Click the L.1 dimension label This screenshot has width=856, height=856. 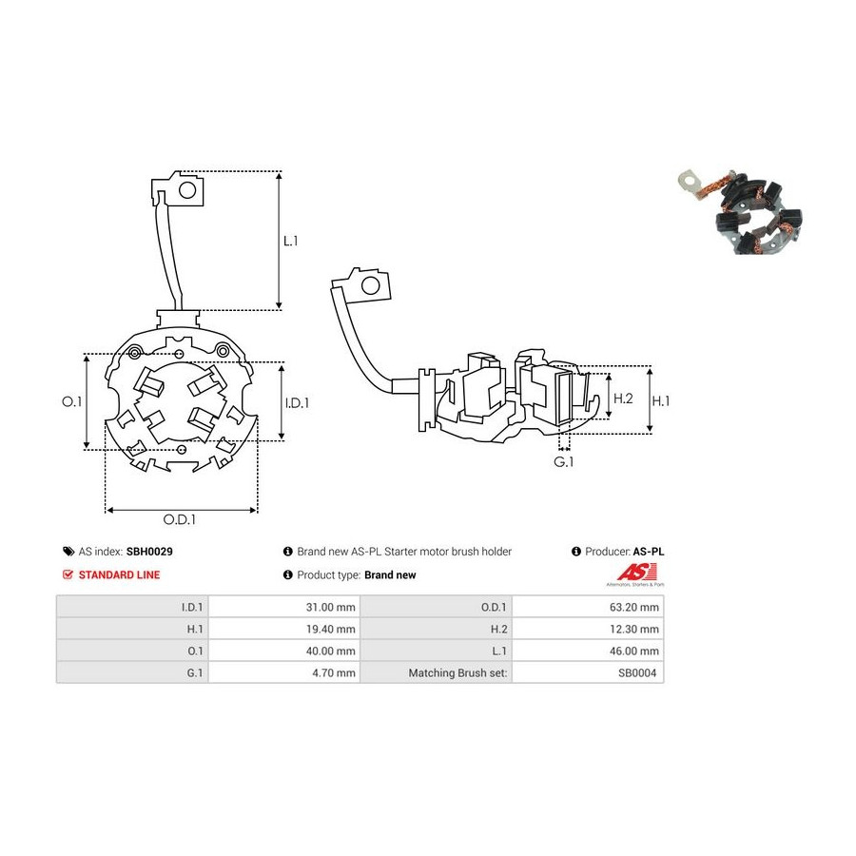click(290, 241)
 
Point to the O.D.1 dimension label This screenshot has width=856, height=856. click(179, 519)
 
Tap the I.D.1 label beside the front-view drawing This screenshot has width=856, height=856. click(297, 403)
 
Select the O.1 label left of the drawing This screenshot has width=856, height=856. click(71, 401)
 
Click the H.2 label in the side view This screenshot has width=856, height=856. click(623, 399)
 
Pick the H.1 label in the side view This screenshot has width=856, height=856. click(661, 401)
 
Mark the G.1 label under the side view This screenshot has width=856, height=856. click(563, 462)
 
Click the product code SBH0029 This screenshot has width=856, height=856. click(149, 552)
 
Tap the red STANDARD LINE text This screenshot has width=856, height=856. click(119, 574)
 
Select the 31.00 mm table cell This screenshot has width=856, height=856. click(283, 607)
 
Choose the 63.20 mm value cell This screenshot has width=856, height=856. click(588, 607)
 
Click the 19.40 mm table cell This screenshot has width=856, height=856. click(283, 629)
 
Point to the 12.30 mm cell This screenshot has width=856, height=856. click(588, 629)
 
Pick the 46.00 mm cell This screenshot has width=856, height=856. click(588, 651)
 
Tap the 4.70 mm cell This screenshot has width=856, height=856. click(283, 672)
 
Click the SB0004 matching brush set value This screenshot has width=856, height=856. click(637, 673)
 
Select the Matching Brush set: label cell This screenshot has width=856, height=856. click(437, 672)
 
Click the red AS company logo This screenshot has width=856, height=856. click(636, 574)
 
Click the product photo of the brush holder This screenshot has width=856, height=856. click(741, 211)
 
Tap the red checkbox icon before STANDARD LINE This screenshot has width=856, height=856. click(68, 574)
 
